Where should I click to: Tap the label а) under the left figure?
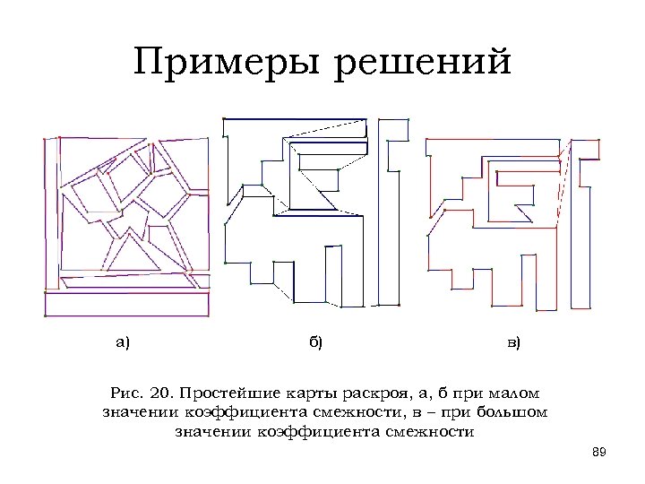pyautogui.click(x=124, y=341)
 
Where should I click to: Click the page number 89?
pyautogui.click(x=600, y=451)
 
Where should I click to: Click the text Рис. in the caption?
pyautogui.click(x=125, y=393)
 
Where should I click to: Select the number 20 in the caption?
pyautogui.click(x=159, y=393)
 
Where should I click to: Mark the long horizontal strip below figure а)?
pyautogui.click(x=128, y=307)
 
